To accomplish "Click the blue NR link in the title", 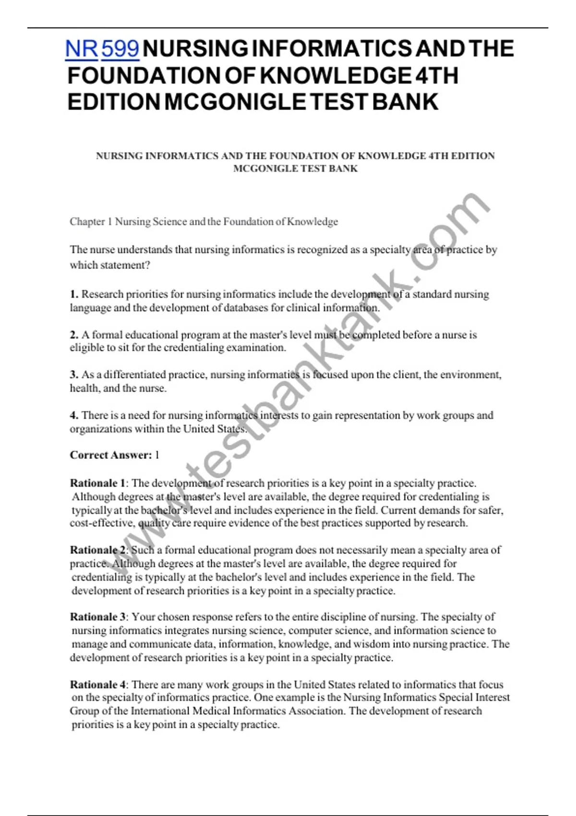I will pyautogui.click(x=82, y=49).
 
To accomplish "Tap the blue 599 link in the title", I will pyautogui.click(x=120, y=49).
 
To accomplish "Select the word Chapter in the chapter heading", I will pyautogui.click(x=87, y=222).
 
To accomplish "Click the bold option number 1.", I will pyautogui.click(x=74, y=294).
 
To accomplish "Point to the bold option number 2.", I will pyautogui.click(x=74, y=335).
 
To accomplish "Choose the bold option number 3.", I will pyautogui.click(x=74, y=375).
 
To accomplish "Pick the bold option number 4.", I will pyautogui.click(x=74, y=415).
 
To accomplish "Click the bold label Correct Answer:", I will pyautogui.click(x=111, y=455).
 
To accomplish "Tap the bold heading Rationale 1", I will pyautogui.click(x=97, y=483).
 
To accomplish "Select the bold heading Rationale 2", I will pyautogui.click(x=97, y=550).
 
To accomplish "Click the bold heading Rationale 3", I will pyautogui.click(x=97, y=617).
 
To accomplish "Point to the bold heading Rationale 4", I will pyautogui.click(x=97, y=684).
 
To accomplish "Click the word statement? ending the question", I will pyautogui.click(x=125, y=265).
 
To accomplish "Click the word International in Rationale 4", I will pyautogui.click(x=160, y=711).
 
